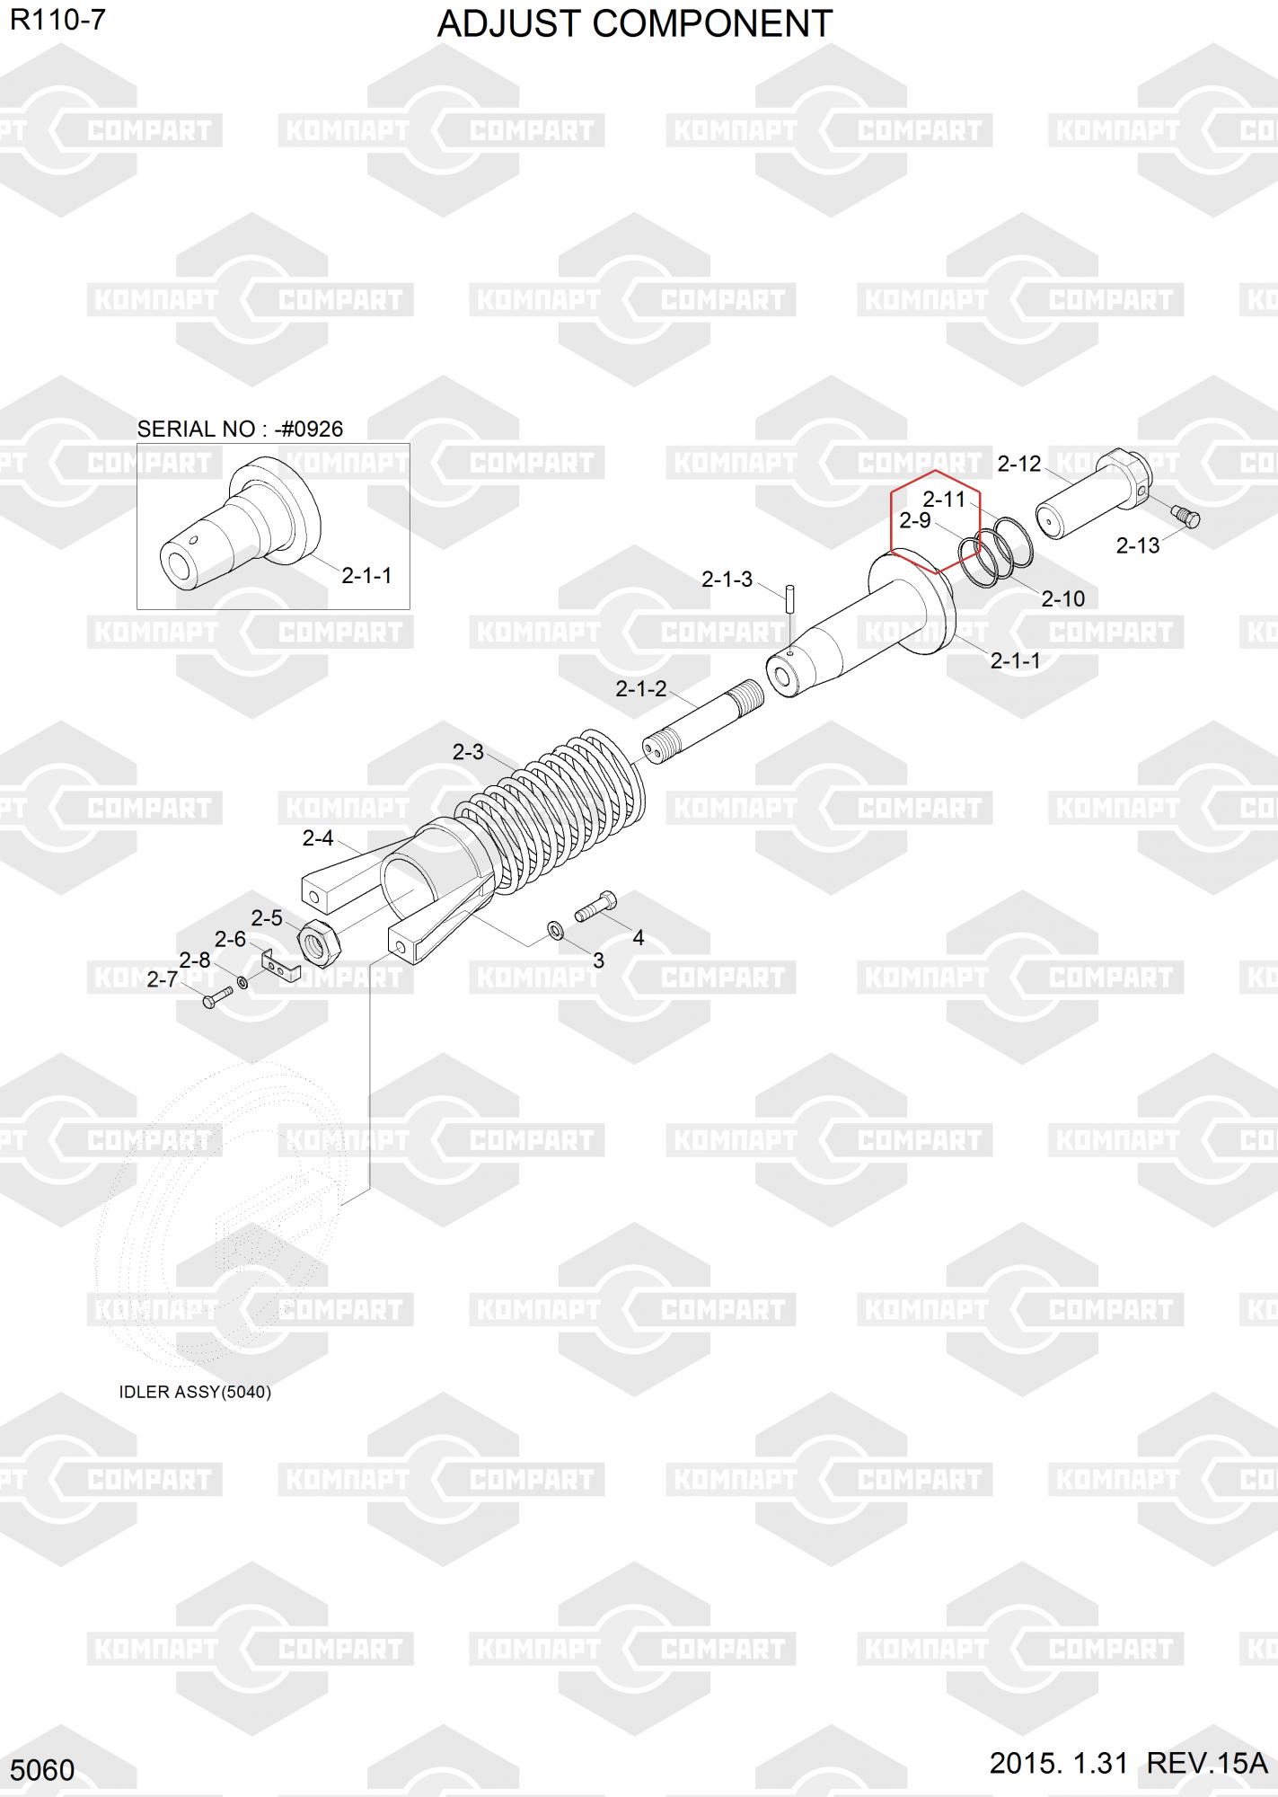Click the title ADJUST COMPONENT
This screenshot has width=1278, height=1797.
(635, 24)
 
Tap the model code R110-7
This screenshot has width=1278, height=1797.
(57, 20)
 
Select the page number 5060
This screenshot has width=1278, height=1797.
(42, 1770)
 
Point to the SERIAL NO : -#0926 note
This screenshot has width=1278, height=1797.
(240, 429)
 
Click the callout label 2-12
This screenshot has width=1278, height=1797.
(1019, 464)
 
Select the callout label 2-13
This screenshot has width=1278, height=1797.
(1137, 545)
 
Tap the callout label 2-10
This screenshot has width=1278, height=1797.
(1062, 598)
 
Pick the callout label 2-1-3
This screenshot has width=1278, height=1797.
(727, 580)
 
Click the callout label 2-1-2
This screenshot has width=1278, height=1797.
(640, 689)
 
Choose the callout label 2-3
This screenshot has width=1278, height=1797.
(467, 752)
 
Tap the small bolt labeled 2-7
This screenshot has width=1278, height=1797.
(217, 996)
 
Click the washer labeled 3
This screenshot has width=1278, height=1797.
(556, 929)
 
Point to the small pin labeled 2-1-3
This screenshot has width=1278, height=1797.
(789, 598)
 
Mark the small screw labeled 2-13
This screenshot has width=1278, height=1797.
(1187, 517)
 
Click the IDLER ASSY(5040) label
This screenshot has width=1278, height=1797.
(195, 1392)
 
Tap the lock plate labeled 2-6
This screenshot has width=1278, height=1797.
(280, 966)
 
